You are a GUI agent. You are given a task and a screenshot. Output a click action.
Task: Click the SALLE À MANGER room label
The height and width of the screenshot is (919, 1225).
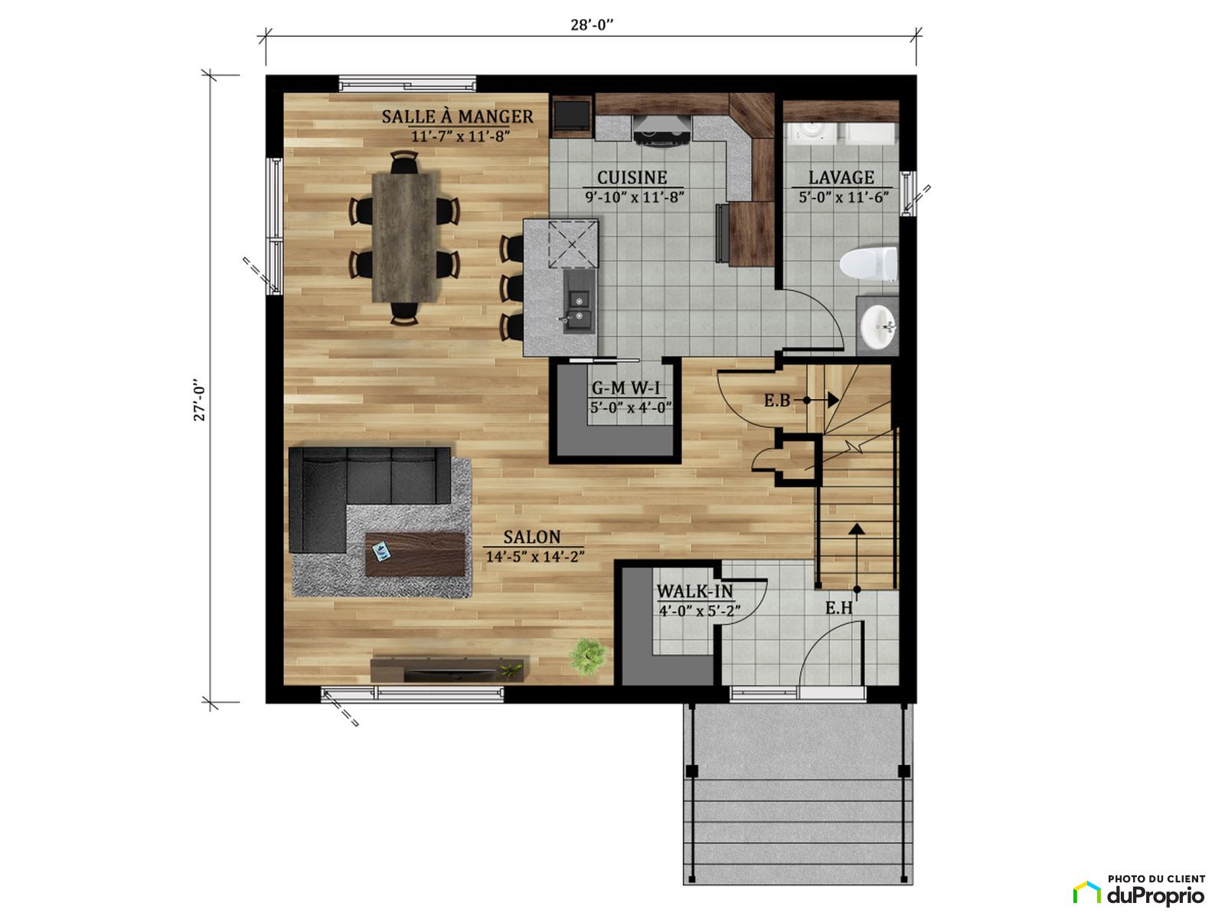457,116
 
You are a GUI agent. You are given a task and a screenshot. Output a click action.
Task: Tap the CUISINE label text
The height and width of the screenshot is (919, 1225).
632,178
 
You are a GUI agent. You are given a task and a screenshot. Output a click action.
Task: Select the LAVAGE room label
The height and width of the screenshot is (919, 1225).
841,178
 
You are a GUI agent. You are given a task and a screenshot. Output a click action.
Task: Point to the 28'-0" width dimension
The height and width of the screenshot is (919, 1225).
592,25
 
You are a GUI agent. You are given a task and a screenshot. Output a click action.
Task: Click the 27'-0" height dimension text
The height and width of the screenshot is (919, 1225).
199,401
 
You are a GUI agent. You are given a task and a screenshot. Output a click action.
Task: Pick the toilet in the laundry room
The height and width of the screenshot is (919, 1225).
868,264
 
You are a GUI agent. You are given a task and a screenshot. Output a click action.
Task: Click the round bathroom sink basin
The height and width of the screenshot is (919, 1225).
878,326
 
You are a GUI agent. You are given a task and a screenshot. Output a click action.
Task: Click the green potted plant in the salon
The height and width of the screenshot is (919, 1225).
588,657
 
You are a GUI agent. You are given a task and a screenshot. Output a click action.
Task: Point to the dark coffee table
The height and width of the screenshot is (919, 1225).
415,554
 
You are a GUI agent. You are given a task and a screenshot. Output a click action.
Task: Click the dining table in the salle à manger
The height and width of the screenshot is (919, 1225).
404,237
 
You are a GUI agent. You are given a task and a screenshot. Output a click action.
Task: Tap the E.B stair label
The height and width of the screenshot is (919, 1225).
777,401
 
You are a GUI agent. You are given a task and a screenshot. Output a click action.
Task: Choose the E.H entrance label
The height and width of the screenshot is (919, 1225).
839,608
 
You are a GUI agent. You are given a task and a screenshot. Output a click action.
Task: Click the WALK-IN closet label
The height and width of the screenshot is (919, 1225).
695,591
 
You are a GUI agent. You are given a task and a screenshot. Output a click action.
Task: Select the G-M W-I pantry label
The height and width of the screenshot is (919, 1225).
626,388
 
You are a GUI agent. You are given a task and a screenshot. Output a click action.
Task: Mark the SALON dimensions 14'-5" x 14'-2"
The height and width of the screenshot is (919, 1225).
534,556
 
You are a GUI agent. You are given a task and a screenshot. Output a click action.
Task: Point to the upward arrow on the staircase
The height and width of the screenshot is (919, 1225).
857,556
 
